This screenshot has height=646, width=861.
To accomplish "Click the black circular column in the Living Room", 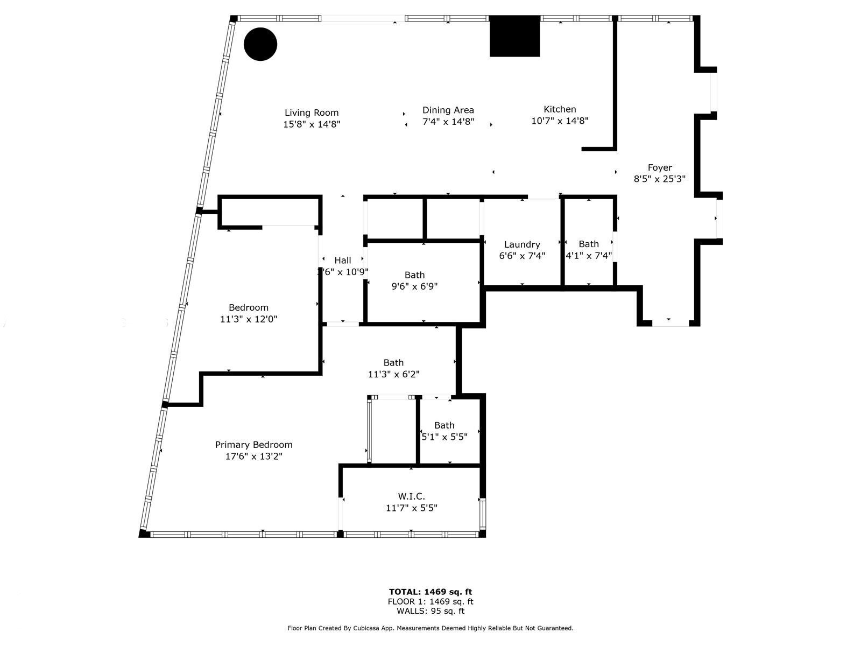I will pyautogui.click(x=260, y=44).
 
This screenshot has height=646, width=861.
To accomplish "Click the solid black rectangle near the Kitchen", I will pyautogui.click(x=514, y=36).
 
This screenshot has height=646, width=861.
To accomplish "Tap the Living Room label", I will pyautogui.click(x=312, y=113).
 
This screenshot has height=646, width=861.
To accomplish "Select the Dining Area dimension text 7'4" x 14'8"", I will pyautogui.click(x=448, y=122).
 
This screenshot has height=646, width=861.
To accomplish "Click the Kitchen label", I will pyautogui.click(x=560, y=109).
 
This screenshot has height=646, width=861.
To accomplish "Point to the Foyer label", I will pyautogui.click(x=659, y=167).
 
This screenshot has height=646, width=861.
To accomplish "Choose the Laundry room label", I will pyautogui.click(x=522, y=244).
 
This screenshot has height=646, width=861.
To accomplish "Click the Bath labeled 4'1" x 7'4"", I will pyautogui.click(x=589, y=250).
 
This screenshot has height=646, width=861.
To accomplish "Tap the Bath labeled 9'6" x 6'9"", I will pyautogui.click(x=414, y=280).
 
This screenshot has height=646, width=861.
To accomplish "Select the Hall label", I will pyautogui.click(x=343, y=261).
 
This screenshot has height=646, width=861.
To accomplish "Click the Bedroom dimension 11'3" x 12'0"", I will pyautogui.click(x=249, y=319).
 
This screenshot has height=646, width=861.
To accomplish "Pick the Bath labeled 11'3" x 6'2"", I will pyautogui.click(x=393, y=368).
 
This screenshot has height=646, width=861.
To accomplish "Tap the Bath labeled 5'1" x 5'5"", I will pyautogui.click(x=444, y=431).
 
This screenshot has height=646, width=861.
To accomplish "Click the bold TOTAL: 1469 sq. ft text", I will pyautogui.click(x=430, y=592).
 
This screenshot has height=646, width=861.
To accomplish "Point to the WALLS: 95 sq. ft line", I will pyautogui.click(x=430, y=611).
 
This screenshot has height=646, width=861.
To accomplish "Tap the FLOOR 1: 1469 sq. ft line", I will pyautogui.click(x=430, y=601).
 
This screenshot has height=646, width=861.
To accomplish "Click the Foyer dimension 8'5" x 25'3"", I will pyautogui.click(x=659, y=179).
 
